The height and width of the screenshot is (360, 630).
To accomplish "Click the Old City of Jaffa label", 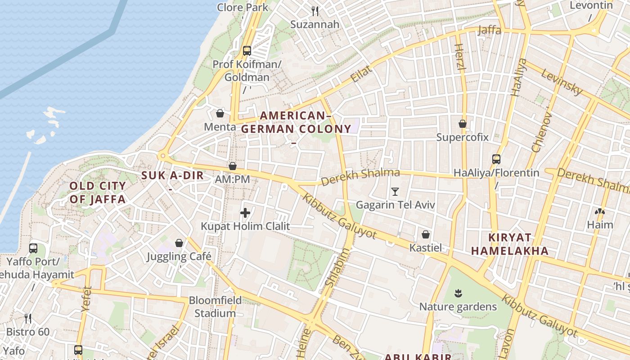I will [x=98, y=193].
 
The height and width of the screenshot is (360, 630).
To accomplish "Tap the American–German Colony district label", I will [x=296, y=122].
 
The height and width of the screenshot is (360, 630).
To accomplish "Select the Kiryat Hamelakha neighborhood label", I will [x=510, y=244].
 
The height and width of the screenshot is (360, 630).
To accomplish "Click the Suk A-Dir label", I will [x=173, y=175].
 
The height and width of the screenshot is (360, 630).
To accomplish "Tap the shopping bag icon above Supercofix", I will [x=462, y=123].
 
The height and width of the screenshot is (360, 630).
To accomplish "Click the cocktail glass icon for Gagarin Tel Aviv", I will [x=395, y=192].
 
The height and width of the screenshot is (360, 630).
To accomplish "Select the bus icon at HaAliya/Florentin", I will [x=496, y=159].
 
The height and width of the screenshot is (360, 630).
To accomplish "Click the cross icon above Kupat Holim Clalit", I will [x=245, y=213].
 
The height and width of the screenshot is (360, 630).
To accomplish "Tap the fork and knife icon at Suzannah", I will [x=315, y=11].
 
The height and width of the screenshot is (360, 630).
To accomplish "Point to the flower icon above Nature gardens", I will [x=458, y=294].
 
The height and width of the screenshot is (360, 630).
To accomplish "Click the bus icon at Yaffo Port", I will [x=33, y=248].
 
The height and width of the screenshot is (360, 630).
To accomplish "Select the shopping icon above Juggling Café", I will [x=179, y=243].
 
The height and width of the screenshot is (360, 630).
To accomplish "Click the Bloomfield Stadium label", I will [x=215, y=306].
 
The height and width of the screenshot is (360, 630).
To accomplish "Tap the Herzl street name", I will [x=459, y=57].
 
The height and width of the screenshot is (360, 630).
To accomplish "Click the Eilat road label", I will [x=362, y=74].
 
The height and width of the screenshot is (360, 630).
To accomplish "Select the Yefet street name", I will [x=86, y=299].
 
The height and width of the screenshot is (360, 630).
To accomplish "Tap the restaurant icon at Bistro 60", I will [x=28, y=319].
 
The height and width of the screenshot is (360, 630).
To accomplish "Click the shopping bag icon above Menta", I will [x=220, y=113].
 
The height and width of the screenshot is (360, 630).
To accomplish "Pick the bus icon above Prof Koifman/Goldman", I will [x=247, y=50].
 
